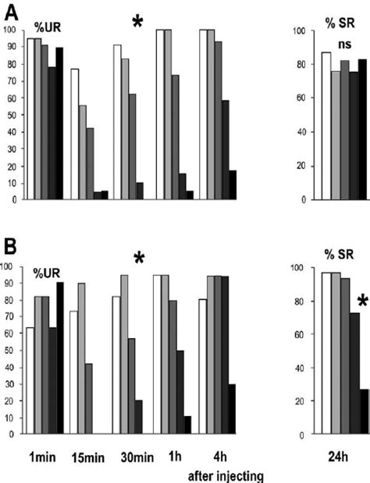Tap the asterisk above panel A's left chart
pos(138,23)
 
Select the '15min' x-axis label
pos(88,450)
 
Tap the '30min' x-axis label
pos(133,450)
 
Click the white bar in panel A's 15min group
pos(74,134)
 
